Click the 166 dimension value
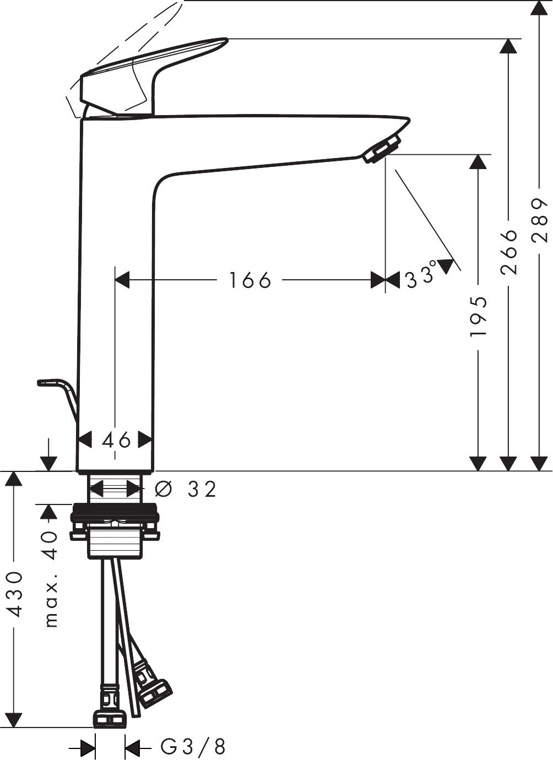pyautogui.click(x=250, y=280)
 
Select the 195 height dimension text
pyautogui.click(x=478, y=317)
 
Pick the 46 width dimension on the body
pyautogui.click(x=116, y=439)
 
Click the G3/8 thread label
pyautogui.click(x=193, y=747)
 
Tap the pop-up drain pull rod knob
pyautogui.click(x=50, y=382)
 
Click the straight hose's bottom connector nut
pyautogui.click(x=110, y=718)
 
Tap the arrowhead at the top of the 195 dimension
pyautogui.click(x=478, y=161)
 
